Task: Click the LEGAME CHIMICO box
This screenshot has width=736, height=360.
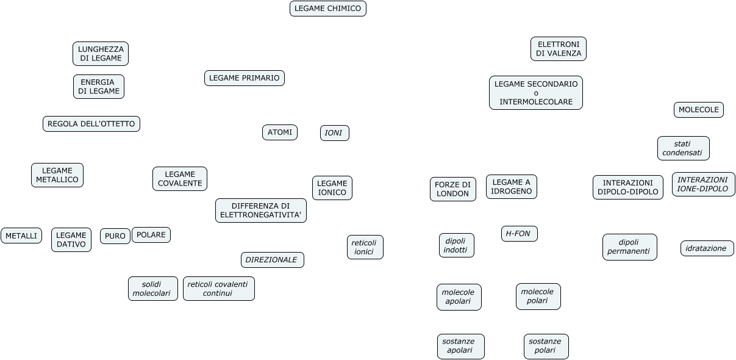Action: pyautogui.click(x=327, y=9)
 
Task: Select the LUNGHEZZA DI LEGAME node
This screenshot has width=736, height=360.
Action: pyautogui.click(x=101, y=54)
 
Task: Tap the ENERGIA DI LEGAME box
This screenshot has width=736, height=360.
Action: pyautogui.click(x=99, y=87)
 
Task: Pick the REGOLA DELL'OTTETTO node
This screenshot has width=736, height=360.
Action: pyautogui.click(x=91, y=124)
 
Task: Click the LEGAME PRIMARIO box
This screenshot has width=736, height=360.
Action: pyautogui.click(x=244, y=78)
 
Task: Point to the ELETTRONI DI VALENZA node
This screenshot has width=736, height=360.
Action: pyautogui.click(x=559, y=49)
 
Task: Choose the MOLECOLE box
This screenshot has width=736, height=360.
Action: pyautogui.click(x=698, y=110)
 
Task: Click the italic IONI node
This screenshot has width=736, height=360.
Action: pyautogui.click(x=334, y=133)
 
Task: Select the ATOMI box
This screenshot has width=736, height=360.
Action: pyautogui.click(x=280, y=132)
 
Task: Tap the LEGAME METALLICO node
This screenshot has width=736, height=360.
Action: pyautogui.click(x=57, y=175)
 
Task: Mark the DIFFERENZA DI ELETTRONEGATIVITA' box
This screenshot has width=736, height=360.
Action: pyautogui.click(x=261, y=211)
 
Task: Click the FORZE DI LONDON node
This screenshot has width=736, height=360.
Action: pyautogui.click(x=452, y=189)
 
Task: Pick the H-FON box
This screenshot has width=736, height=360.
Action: pyautogui.click(x=519, y=234)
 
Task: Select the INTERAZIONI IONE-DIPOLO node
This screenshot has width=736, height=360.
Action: pyautogui.click(x=703, y=184)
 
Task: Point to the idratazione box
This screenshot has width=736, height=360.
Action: pyautogui.click(x=707, y=248)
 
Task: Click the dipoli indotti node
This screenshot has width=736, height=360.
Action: pyautogui.click(x=456, y=245)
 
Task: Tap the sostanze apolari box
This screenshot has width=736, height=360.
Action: pyautogui.click(x=460, y=347)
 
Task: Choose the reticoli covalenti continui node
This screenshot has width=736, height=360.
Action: pyautogui.click(x=218, y=289)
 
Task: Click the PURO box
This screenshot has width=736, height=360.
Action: pyautogui.click(x=115, y=236)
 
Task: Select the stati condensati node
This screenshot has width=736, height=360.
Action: pyautogui.click(x=683, y=148)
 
